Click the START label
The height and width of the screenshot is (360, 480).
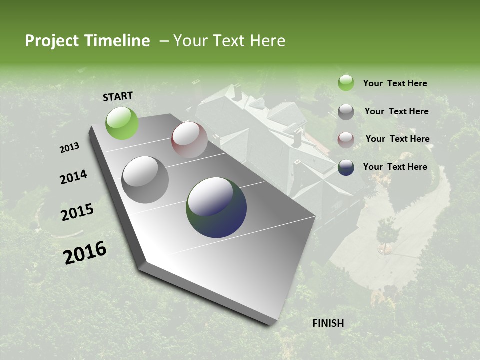coord(118,96)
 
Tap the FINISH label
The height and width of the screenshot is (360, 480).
coord(328,323)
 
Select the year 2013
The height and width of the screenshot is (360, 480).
coord(70,148)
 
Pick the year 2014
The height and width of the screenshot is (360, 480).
coord(73,177)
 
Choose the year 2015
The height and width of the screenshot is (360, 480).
coord(77,212)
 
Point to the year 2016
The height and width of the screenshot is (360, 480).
coord(85,252)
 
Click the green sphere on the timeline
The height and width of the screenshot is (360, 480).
coord(122,123)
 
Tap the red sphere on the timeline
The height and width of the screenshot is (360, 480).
coord(189,140)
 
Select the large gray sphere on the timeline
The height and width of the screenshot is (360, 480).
coord(145,179)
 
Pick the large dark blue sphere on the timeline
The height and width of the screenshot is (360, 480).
coord(216,207)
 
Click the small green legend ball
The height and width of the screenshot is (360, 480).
coord(346,83)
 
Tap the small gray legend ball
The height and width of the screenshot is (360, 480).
coord(346,112)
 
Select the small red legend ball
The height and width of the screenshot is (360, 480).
coord(346,140)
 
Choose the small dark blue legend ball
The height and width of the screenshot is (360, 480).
coord(346,167)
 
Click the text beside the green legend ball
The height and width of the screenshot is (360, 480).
coord(395,83)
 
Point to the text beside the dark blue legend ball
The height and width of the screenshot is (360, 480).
coord(395,167)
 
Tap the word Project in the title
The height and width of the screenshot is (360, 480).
coord(52,41)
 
